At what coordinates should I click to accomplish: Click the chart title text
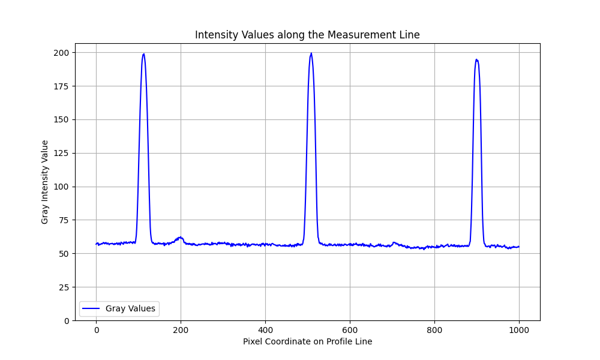[x=307, y=35]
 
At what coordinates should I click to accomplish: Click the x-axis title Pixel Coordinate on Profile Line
[x=307, y=341]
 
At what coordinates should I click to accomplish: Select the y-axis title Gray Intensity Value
[x=45, y=182]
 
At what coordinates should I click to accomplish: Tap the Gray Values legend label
[x=130, y=308]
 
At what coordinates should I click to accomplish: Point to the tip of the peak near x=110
[x=143, y=54]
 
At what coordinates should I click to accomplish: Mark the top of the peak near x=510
[x=311, y=53]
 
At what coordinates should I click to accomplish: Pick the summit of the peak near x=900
[x=476, y=59]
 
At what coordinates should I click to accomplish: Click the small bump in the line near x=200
[x=180, y=237]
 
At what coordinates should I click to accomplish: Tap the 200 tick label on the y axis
[x=62, y=53]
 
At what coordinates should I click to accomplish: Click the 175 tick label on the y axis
[x=62, y=86]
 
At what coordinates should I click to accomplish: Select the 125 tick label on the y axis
[x=62, y=153]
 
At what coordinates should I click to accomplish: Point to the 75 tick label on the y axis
[x=64, y=220]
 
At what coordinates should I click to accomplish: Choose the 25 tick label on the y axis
[x=64, y=287]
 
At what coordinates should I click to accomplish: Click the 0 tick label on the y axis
[x=66, y=320]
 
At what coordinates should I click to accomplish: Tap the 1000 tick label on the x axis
[x=519, y=329]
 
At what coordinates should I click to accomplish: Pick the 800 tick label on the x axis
[x=434, y=329]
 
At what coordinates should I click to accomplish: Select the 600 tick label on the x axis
[x=350, y=329]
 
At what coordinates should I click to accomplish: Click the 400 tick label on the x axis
[x=265, y=329]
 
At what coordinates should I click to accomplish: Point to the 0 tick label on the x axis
[x=96, y=329]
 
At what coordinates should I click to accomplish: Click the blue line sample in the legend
[x=91, y=308]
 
